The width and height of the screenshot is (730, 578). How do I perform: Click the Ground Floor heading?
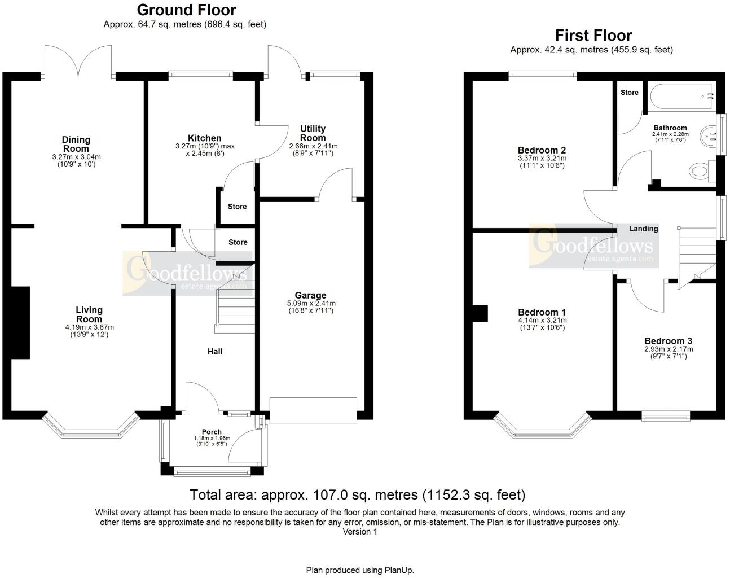tap(186, 10)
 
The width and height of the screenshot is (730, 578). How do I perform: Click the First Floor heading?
tap(593, 36)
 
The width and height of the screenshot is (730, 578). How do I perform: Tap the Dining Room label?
tap(76, 144)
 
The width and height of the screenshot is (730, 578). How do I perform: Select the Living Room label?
tap(89, 314)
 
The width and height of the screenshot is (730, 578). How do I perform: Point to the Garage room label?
tap(310, 295)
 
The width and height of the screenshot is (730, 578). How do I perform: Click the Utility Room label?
tap(313, 133)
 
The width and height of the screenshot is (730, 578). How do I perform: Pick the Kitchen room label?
tap(204, 138)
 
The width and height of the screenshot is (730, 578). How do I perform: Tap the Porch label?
tap(212, 432)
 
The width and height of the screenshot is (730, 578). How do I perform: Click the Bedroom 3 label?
tap(668, 341)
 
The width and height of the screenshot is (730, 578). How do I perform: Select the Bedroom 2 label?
tap(542, 150)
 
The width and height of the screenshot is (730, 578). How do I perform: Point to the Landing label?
tap(643, 229)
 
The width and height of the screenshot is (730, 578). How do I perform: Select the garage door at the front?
tap(313, 410)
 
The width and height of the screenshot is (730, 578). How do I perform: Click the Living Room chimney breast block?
tap(20, 322)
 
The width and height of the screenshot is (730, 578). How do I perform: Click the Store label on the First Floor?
tap(629, 92)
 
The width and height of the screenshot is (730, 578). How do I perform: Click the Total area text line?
tap(357, 495)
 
